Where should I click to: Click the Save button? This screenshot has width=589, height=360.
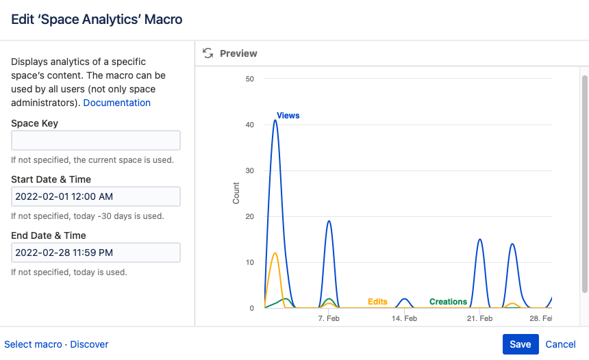tap(521, 344)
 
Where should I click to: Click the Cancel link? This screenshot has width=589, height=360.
tap(560, 344)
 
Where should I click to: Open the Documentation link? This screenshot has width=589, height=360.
tap(116, 103)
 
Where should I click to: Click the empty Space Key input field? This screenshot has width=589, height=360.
tap(96, 140)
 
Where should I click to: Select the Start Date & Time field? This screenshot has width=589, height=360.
tap(96, 196)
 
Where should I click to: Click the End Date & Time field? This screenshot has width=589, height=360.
tap(96, 253)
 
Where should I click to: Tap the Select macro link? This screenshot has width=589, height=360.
tap(33, 344)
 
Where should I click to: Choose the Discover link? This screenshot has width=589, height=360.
tap(89, 344)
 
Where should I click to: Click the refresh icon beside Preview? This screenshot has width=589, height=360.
tap(208, 53)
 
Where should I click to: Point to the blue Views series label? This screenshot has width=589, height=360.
tap(288, 116)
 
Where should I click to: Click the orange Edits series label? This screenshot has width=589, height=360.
tap(377, 302)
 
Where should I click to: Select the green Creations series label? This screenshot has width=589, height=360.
tap(448, 302)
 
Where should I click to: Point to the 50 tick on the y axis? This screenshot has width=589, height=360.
tap(249, 79)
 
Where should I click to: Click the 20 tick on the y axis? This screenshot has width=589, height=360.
tap(249, 216)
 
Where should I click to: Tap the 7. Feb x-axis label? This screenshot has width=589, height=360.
tap(329, 319)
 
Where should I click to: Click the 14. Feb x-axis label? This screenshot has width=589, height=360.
tap(405, 319)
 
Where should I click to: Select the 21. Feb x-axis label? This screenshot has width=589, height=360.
tap(480, 319)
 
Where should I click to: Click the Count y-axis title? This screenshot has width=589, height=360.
tap(236, 193)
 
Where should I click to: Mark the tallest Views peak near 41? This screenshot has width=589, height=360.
tap(275, 120)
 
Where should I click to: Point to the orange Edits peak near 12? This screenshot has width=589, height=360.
tap(275, 253)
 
